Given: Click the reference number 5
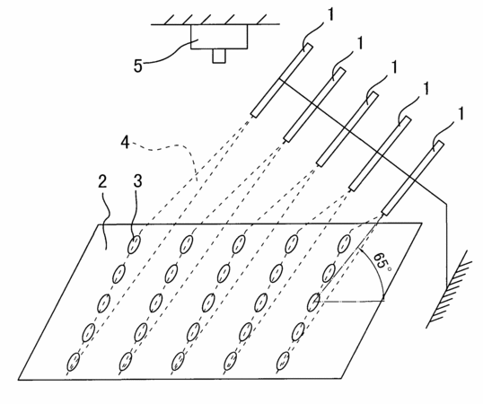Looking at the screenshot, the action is click(x=138, y=66).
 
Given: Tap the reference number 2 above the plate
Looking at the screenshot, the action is click(x=102, y=181).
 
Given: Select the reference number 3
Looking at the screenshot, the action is click(x=137, y=180).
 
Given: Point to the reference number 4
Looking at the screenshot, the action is click(x=125, y=143).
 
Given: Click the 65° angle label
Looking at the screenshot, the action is click(x=382, y=262).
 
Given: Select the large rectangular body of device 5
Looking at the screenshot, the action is click(x=219, y=36).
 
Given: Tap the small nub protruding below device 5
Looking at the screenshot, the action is click(x=219, y=56).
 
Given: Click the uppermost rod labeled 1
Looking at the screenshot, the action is click(x=282, y=80).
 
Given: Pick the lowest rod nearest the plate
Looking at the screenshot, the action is click(x=412, y=178).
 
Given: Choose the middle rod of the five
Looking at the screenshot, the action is click(x=347, y=129).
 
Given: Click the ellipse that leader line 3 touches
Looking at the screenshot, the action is click(x=134, y=244).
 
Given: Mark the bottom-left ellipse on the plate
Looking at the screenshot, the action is click(x=74, y=362).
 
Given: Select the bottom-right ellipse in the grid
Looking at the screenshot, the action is click(x=283, y=361).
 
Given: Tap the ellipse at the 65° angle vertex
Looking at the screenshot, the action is click(x=313, y=302).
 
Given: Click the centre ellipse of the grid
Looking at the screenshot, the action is click(x=208, y=303).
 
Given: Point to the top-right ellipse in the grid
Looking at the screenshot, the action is click(x=344, y=243).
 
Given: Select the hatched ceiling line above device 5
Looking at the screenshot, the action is click(x=215, y=20).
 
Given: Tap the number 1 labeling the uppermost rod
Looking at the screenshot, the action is click(x=330, y=14).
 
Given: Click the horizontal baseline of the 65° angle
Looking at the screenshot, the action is click(x=352, y=302).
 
